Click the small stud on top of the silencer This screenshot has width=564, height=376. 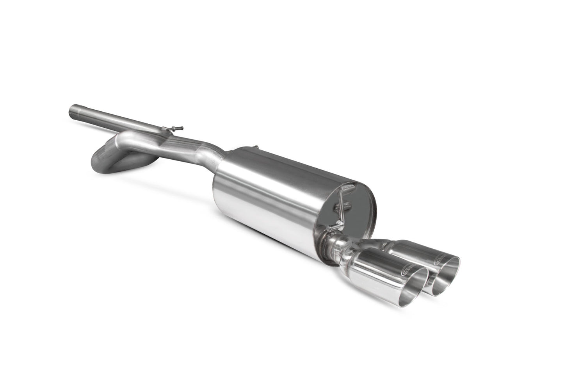(x=256, y=147)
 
